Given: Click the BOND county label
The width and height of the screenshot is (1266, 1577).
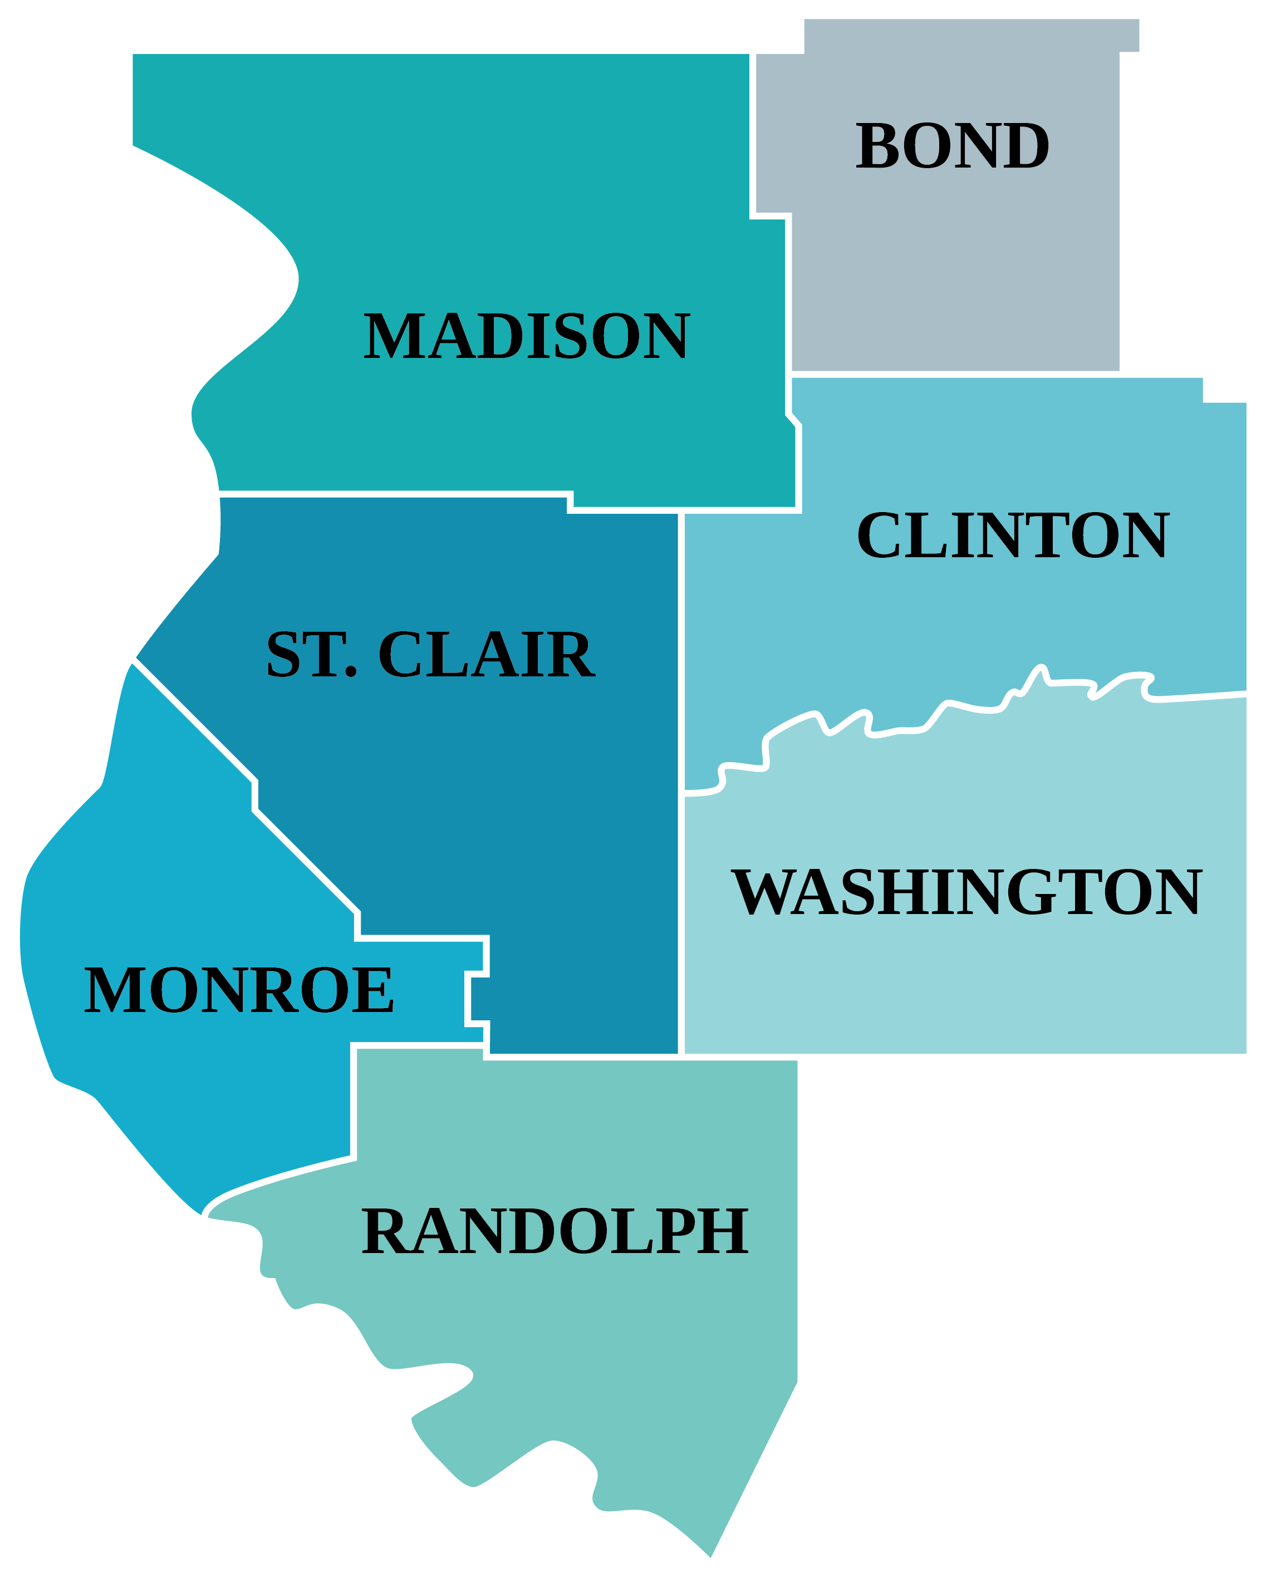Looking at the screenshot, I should tap(952, 146).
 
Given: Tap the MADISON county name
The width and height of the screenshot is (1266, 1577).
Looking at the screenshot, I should tap(526, 336).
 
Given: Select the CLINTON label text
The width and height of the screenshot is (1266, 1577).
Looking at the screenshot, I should tap(1012, 536).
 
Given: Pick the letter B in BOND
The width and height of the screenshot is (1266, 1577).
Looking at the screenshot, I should tap(877, 146).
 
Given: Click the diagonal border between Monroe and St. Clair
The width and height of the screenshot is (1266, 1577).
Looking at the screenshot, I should tap(194, 720).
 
